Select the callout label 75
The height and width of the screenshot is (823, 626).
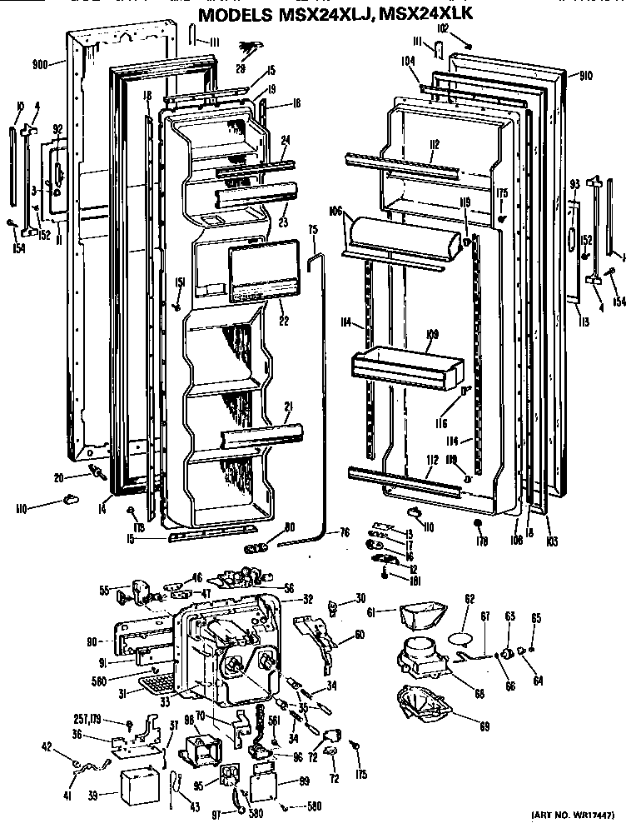[x=314, y=229]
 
